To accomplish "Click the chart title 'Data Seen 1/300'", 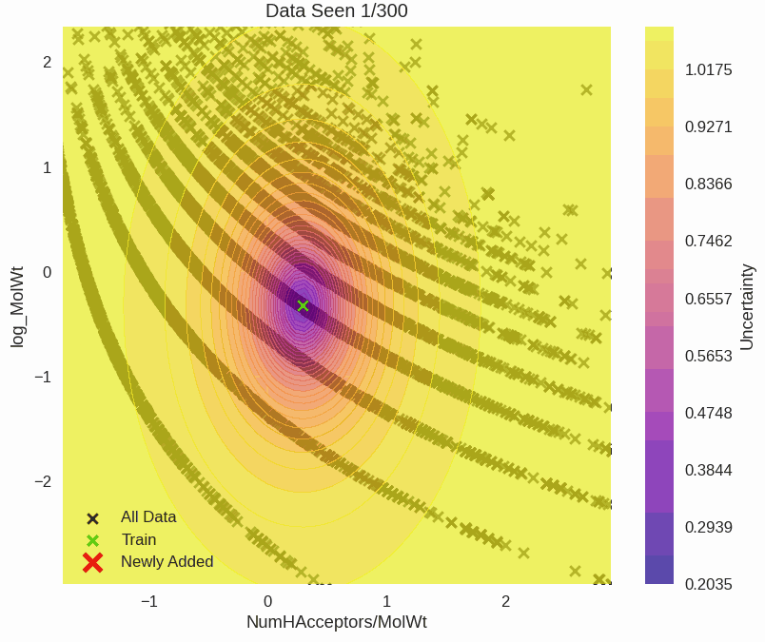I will (x=336, y=11).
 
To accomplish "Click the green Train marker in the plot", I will (x=303, y=305).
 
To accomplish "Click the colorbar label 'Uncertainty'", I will (x=747, y=306).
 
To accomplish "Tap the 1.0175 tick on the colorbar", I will (x=708, y=69).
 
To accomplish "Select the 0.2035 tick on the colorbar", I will (x=708, y=584).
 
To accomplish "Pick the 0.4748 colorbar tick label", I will (x=708, y=413).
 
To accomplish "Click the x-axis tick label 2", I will (x=505, y=601).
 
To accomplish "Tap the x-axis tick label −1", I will (x=148, y=601).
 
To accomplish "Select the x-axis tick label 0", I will (x=268, y=601).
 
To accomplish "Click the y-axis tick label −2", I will (x=43, y=482).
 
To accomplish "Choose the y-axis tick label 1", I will (x=47, y=167).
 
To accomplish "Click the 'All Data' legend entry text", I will (x=148, y=517).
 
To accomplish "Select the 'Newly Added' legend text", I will (x=167, y=561).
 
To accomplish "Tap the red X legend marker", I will (x=92, y=562).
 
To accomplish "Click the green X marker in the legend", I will (x=92, y=540).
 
